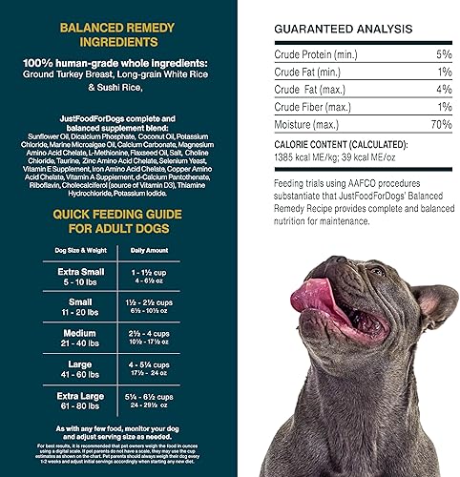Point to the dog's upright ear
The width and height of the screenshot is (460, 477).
[434, 305]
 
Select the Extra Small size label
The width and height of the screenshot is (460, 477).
[73, 274]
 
